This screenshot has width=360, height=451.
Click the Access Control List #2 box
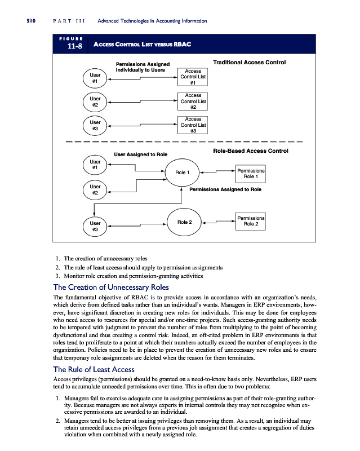pos(193,101)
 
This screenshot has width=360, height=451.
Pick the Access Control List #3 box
pos(193,125)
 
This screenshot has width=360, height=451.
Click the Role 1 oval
pos(181,173)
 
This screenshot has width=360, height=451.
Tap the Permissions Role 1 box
pos(250,173)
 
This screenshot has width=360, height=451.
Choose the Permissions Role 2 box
pos(251,221)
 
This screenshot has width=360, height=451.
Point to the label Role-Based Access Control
pos(251,151)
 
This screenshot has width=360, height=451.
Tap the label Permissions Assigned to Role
pos(225,190)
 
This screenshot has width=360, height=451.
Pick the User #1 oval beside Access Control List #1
pos(95,78)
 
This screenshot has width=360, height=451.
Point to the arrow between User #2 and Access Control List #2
pos(142,102)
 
